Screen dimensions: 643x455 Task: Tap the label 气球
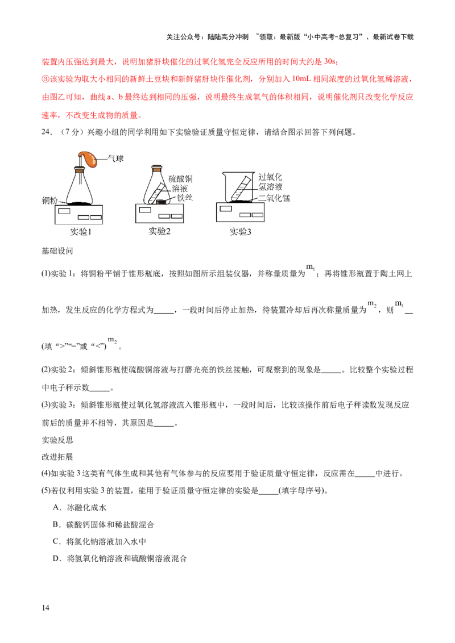115,158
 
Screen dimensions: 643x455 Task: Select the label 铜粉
50,201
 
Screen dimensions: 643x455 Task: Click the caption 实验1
79,231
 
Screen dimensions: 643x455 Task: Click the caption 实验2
159,231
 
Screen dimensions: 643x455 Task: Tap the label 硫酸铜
180,178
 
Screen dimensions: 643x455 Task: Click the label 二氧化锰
274,198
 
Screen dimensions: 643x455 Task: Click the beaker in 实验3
238,187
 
